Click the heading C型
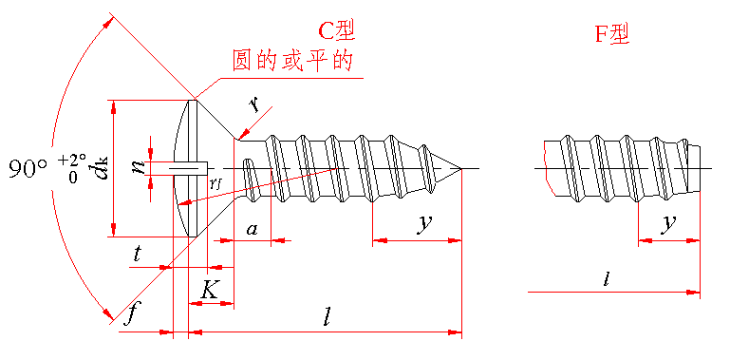click(x=336, y=31)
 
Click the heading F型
click(x=612, y=34)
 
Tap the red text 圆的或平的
click(x=291, y=61)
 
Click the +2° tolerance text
click(x=73, y=161)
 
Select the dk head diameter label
click(x=102, y=168)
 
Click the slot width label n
click(x=139, y=166)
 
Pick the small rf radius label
click(x=215, y=183)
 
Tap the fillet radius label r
click(x=253, y=105)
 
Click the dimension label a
click(x=252, y=229)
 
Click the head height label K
click(x=209, y=290)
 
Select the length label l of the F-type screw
click(x=607, y=279)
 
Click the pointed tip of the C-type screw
click(x=461, y=168)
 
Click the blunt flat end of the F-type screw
click(x=700, y=168)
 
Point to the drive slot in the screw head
click(x=189, y=168)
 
